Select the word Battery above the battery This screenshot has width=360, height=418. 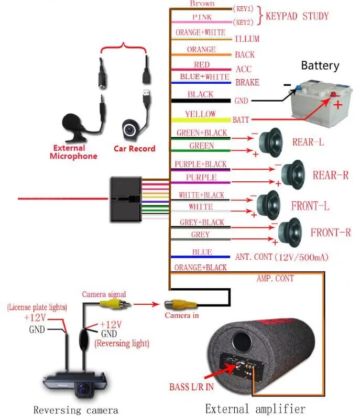pyautogui.click(x=320, y=66)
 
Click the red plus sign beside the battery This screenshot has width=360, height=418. pyautogui.click(x=338, y=104)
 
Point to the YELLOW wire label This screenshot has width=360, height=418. pyautogui.click(x=200, y=114)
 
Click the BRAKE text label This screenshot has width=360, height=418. pyautogui.click(x=247, y=83)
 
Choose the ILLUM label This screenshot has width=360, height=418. pyautogui.click(x=247, y=39)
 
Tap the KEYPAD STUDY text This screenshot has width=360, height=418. pyautogui.click(x=297, y=16)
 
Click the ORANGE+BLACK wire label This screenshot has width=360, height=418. pyautogui.click(x=201, y=268)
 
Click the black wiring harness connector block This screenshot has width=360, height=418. pyautogui.click(x=126, y=199)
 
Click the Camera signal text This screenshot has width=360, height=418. pyautogui.click(x=104, y=294)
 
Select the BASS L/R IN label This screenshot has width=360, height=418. pyautogui.click(x=191, y=388)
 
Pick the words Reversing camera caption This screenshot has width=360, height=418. pyautogui.click(x=75, y=410)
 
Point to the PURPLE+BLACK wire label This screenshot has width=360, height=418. pyautogui.click(x=201, y=164)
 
